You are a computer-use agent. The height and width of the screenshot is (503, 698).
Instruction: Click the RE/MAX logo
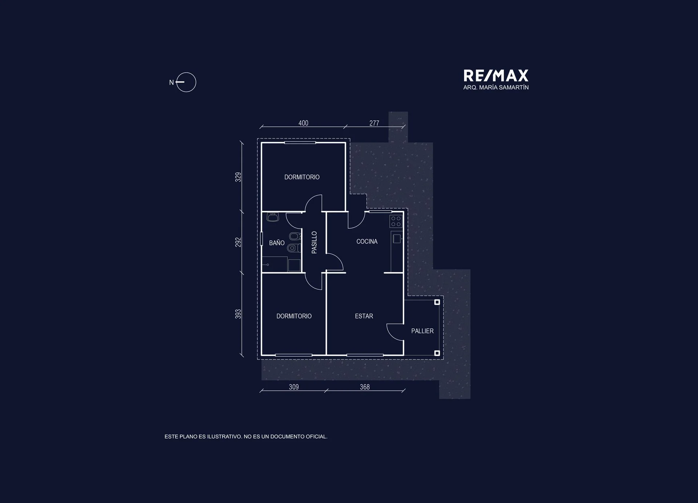[496, 76]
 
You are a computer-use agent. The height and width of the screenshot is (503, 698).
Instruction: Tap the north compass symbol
[186, 82]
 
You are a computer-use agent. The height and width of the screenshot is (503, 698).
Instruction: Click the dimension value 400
[303, 123]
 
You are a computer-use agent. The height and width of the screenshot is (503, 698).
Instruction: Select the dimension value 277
[374, 123]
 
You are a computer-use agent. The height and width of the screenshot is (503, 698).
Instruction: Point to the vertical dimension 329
[238, 177]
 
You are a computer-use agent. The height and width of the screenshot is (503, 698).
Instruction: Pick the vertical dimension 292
[238, 242]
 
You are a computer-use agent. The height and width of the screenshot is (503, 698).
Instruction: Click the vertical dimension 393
[238, 314]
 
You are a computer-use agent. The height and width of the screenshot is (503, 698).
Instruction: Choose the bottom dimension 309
[294, 387]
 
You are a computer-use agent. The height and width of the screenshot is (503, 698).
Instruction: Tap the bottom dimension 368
[365, 387]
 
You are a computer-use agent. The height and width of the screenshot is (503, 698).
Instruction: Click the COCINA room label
[367, 241]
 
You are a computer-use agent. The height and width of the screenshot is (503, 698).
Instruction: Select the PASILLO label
[314, 242]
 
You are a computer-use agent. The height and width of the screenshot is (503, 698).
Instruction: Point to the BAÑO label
[277, 242]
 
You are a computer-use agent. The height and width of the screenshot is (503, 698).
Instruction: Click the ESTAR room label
[364, 316]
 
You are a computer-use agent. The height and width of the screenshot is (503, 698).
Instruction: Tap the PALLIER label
[422, 331]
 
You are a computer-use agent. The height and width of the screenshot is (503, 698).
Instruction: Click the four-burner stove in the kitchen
[396, 221]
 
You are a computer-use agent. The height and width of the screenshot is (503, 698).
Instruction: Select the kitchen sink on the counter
[397, 239]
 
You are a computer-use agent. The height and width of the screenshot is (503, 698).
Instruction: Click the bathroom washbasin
[273, 217]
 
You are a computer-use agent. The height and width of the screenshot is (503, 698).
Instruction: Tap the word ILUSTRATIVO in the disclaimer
[225, 436]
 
